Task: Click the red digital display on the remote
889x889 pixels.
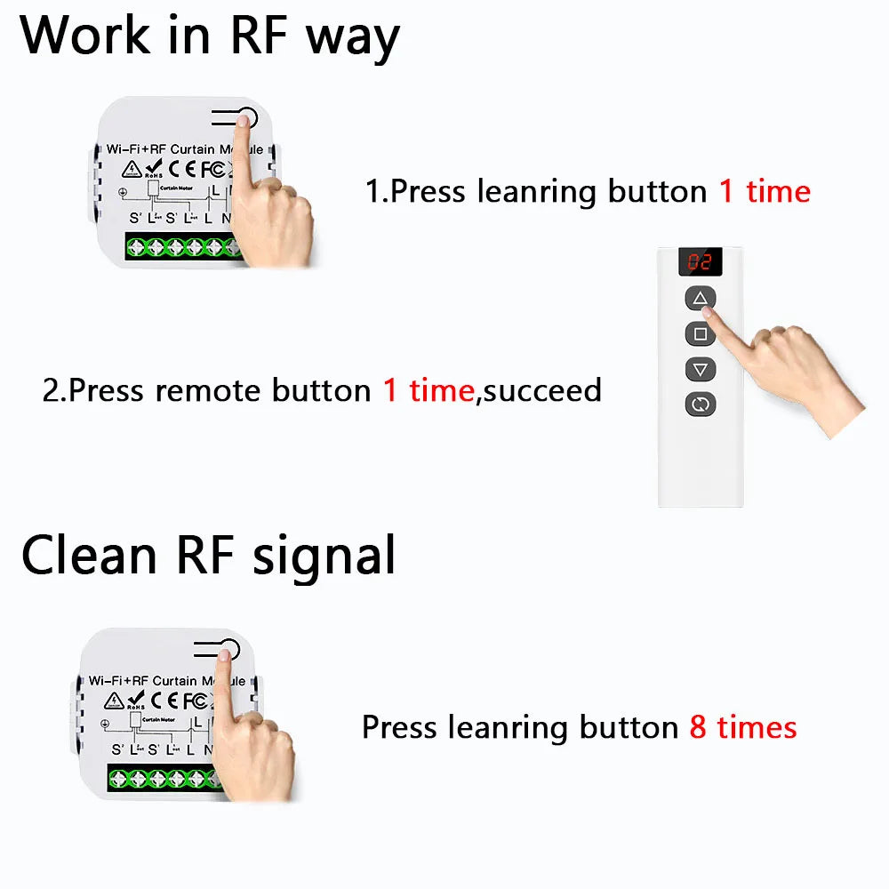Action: (x=700, y=262)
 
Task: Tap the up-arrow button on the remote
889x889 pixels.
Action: (x=700, y=299)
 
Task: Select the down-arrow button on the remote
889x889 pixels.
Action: (x=700, y=369)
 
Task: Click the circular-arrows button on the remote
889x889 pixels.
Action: (x=700, y=404)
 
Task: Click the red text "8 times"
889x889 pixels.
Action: (x=743, y=728)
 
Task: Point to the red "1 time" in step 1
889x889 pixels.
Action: (x=765, y=191)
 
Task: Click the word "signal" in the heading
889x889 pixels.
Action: (x=324, y=558)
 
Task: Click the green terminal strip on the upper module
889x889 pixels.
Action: (x=182, y=246)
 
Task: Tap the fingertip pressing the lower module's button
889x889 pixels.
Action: (x=223, y=655)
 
